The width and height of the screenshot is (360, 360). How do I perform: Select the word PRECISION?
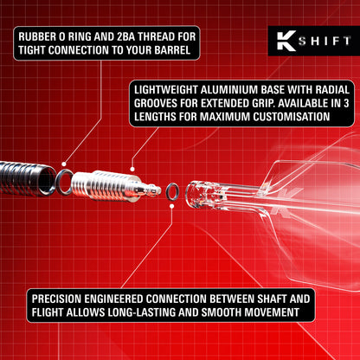pos(58,295)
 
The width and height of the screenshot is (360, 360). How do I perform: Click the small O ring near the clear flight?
pos(172,190)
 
